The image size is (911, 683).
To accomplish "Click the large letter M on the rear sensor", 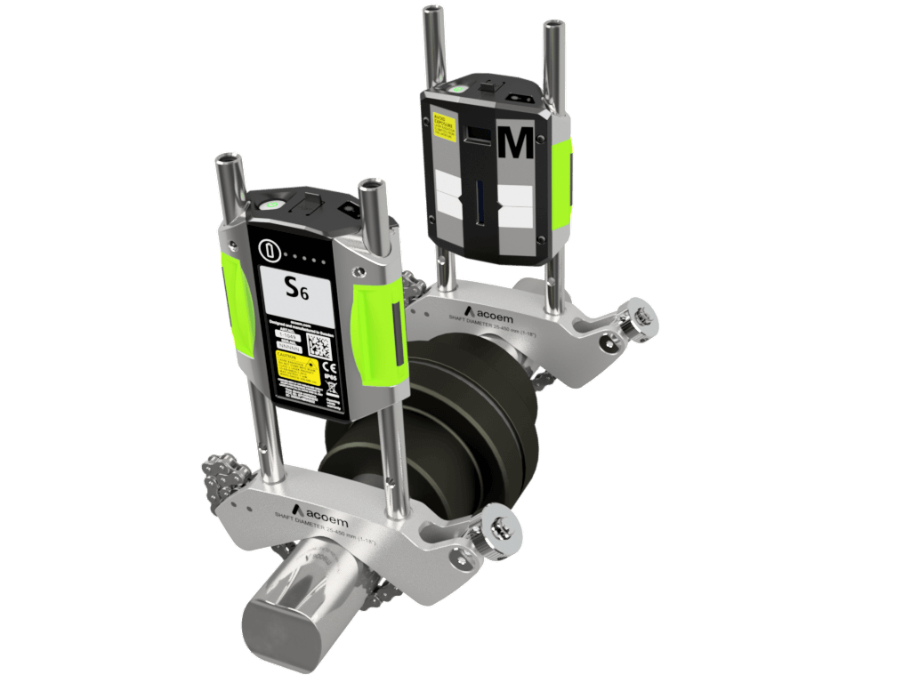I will point(516,142).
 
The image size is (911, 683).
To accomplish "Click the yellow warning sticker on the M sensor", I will point(444,125).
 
